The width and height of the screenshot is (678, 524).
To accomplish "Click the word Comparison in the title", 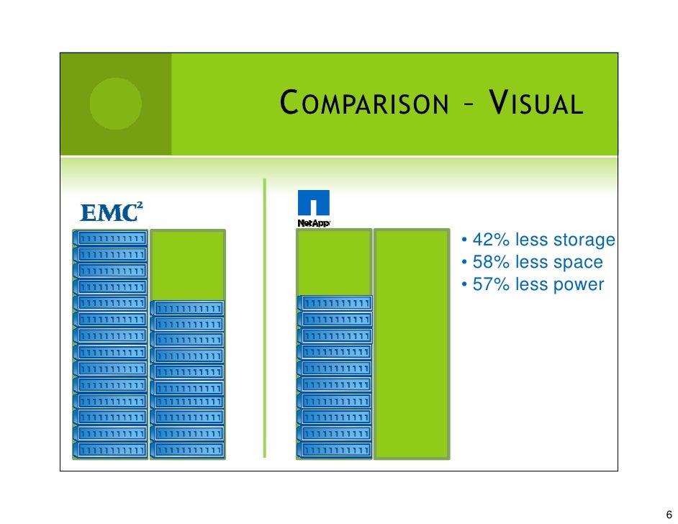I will coord(363,104).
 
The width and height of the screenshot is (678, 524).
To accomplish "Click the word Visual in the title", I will coord(534,104).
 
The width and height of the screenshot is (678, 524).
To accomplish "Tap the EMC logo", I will coord(111,212).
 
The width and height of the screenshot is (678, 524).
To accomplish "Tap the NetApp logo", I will coord(313,209).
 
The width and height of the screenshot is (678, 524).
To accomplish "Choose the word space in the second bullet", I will coord(576,263).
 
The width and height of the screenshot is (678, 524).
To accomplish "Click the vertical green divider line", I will coord(264,317).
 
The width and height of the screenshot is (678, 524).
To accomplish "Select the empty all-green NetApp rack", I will coord(412,344).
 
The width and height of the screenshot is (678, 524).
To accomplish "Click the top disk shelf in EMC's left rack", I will coord(111,238).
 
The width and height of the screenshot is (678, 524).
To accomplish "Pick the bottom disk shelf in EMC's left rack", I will coord(111,450).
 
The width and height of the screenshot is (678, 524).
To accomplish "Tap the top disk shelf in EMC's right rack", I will coord(188,308).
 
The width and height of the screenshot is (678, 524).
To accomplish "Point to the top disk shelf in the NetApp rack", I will coord(335,303).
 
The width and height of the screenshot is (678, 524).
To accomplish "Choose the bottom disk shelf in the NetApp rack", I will coord(335,450).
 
